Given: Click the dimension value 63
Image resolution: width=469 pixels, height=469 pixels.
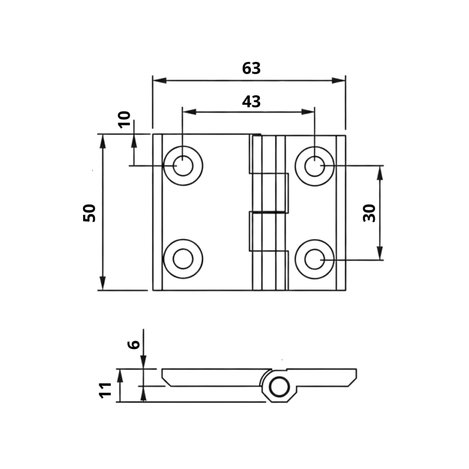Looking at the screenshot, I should click(251, 68).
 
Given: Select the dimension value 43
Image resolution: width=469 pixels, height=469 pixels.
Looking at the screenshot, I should click(251, 102).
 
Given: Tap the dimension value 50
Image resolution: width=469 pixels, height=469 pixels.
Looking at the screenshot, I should click(90, 213).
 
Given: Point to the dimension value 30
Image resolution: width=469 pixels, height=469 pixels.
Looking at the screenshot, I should click(369, 213).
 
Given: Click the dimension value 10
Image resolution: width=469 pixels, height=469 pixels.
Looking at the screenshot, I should click(124, 120).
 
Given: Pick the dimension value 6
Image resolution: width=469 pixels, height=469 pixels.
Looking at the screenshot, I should click(133, 344).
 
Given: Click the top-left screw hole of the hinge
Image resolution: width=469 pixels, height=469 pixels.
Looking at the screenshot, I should click(183, 166).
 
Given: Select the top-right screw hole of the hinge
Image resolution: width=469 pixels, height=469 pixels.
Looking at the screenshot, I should click(314, 166).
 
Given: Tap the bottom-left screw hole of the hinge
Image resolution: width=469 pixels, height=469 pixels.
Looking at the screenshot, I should click(183, 259).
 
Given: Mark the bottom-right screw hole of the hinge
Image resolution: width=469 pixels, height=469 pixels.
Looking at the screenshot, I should click(314, 259).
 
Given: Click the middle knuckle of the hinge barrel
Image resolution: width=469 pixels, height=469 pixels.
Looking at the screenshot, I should click(270, 193).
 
